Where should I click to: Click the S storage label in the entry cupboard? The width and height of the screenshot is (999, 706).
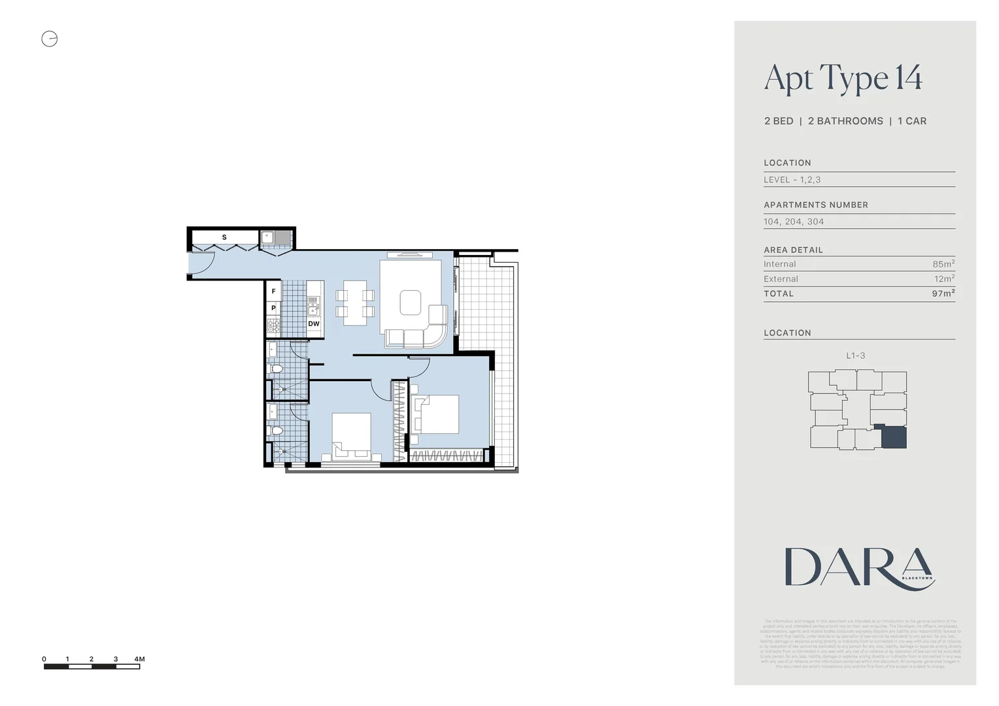point(224,237)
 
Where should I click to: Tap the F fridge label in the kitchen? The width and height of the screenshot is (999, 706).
point(273,292)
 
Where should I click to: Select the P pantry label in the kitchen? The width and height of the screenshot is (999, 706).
point(273,308)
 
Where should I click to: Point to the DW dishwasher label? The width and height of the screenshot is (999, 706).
point(314,324)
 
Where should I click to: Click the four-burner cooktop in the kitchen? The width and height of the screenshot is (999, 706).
point(273,325)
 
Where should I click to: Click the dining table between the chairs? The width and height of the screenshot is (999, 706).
point(355,303)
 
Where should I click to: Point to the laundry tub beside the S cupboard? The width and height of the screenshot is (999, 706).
point(267,238)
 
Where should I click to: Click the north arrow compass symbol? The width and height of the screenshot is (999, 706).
point(50,39)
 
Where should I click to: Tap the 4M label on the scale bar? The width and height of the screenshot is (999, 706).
point(139,659)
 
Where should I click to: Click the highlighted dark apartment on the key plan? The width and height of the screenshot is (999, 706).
point(894,437)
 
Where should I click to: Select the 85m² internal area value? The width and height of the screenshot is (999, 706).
point(943,264)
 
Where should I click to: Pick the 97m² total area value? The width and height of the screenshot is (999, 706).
point(943,294)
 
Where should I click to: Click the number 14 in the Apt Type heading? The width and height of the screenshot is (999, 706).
point(908,78)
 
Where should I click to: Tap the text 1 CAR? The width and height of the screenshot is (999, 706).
point(911,121)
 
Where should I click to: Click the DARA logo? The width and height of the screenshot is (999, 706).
point(859,567)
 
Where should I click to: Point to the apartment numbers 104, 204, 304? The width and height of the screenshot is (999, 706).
point(794,222)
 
